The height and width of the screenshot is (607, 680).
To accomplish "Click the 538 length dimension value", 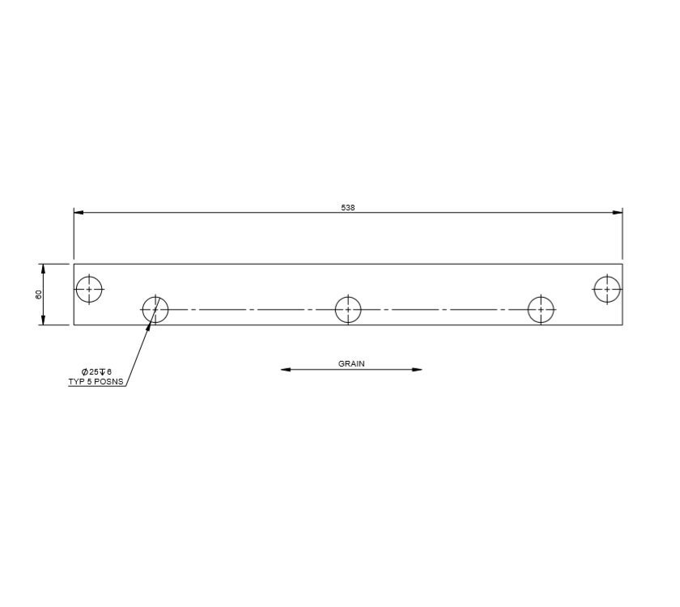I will point(348,208).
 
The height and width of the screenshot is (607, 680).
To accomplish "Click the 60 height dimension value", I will point(38,295).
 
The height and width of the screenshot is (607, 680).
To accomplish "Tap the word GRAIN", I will point(351,364).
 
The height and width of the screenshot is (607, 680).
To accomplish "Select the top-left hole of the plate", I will point(89,289).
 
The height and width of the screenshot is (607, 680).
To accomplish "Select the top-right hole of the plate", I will point(607,288).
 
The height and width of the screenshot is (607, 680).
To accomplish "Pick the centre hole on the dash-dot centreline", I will point(348,309).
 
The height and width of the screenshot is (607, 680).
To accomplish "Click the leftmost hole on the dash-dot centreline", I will point(155,309).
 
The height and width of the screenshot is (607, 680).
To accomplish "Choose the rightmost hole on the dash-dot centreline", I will point(541,309).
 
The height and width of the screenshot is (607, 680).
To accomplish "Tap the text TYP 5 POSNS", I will point(97,380).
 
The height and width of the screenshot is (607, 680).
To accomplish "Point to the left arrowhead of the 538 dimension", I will point(79,212).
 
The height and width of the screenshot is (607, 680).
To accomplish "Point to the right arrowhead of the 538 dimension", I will point(618,212).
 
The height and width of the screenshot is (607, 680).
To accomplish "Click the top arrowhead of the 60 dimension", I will point(44,269).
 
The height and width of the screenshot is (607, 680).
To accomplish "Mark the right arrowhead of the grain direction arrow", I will point(417,370).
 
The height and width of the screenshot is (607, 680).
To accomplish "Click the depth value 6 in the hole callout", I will point(109,371).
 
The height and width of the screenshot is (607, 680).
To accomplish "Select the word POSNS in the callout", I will point(111,380).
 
